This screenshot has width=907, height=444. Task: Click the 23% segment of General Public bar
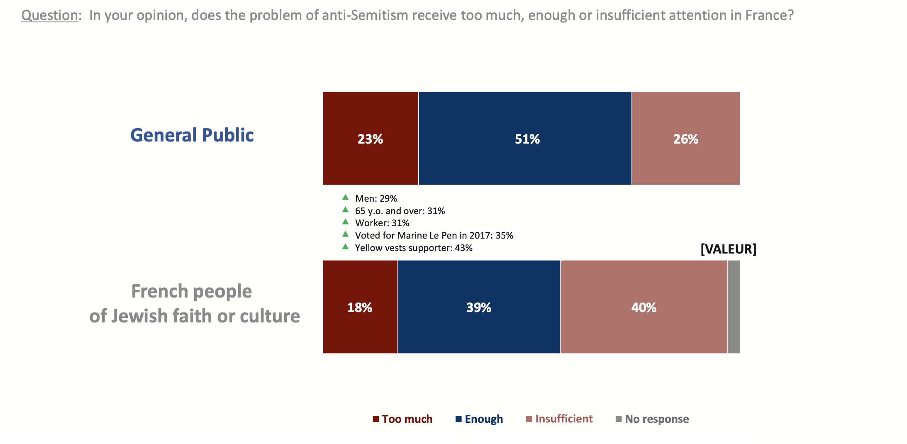tap(370, 138)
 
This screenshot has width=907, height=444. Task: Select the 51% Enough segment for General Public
tap(525, 138)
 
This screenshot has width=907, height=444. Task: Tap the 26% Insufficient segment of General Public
tap(685, 138)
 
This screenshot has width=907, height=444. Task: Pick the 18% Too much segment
tap(360, 307)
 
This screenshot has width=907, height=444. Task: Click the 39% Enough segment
tap(479, 307)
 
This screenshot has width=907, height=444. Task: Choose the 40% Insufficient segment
tap(644, 307)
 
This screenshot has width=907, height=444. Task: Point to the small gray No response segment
tap(734, 307)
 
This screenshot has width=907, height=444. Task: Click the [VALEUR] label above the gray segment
tap(728, 249)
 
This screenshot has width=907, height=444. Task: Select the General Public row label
tap(192, 135)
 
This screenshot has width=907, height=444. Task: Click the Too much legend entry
tap(402, 419)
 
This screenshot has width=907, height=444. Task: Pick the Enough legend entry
tap(479, 419)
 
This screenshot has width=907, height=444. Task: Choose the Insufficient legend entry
tap(559, 419)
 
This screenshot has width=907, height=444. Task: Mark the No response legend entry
tap(652, 419)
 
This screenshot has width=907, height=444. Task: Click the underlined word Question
tap(49, 15)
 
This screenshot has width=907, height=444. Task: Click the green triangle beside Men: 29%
tap(345, 197)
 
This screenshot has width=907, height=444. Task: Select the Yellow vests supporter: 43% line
tap(414, 248)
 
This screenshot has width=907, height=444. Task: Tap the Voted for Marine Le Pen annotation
tap(434, 236)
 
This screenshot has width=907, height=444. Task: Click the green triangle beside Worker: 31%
tap(345, 222)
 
